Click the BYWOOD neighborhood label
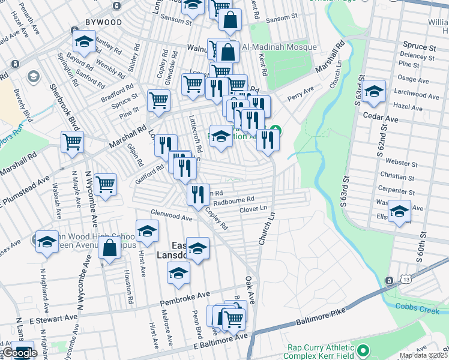[103, 22]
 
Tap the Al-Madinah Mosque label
[279, 47]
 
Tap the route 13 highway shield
[391, 280]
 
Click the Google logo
[20, 353]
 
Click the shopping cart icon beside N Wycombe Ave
[105, 184]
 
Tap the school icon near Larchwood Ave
[373, 91]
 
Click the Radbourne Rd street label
[234, 200]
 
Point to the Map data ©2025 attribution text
[423, 355]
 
